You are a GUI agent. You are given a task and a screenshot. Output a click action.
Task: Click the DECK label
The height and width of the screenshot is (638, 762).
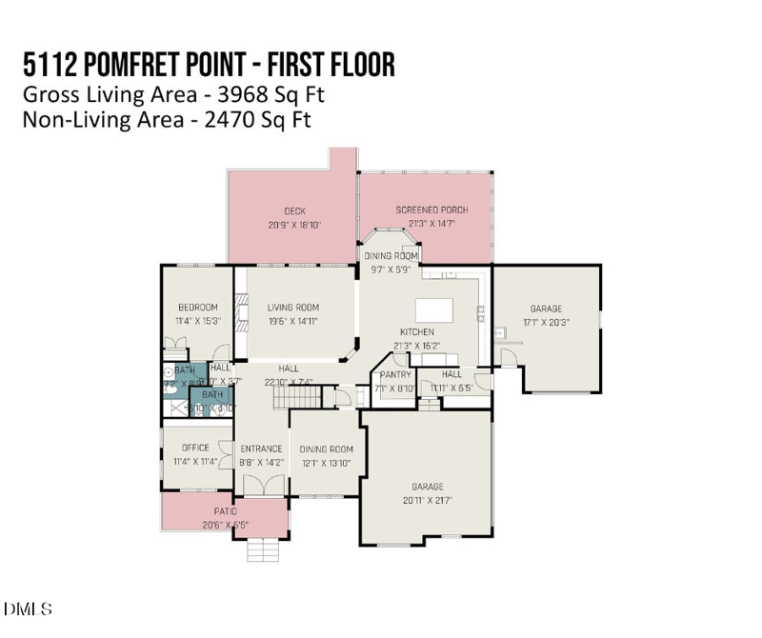pyautogui.click(x=293, y=211)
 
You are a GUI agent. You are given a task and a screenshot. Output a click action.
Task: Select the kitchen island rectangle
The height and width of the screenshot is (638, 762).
pyautogui.click(x=434, y=310)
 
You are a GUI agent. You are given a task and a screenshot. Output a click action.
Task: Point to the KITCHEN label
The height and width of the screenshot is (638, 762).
pyautogui.click(x=416, y=332)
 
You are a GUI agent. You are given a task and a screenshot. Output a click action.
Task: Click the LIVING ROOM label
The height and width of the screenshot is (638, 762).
pyautogui.click(x=292, y=308)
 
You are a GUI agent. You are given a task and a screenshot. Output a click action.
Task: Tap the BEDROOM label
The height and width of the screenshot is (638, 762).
pyautogui.click(x=198, y=308)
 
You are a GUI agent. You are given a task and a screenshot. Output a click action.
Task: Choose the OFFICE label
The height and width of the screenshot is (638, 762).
pyautogui.click(x=195, y=448)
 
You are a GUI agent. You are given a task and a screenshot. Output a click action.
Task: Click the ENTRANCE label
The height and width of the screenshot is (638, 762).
pyautogui.click(x=260, y=449)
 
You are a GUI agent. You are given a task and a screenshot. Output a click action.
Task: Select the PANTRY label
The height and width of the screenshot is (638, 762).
pyautogui.click(x=394, y=375)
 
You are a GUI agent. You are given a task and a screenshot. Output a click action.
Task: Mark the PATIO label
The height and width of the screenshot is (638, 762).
pyautogui.click(x=224, y=511)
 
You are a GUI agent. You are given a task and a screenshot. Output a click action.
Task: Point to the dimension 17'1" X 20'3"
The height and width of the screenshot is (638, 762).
pyautogui.click(x=546, y=322)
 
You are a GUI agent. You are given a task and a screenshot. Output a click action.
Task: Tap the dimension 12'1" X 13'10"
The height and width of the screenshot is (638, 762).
pyautogui.click(x=326, y=463)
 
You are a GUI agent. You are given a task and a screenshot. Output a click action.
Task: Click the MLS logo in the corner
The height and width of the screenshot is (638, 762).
pyautogui.click(x=29, y=608)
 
